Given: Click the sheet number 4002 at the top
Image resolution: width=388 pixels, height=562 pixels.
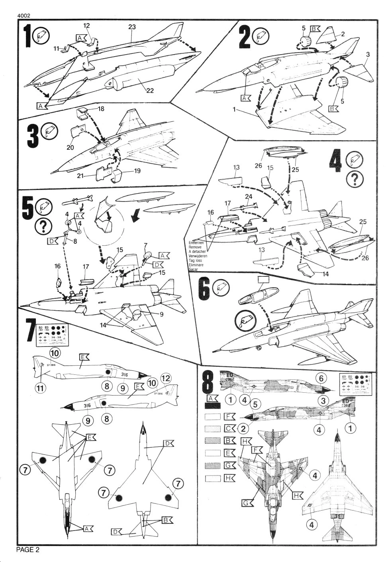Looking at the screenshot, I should click(x=24, y=16).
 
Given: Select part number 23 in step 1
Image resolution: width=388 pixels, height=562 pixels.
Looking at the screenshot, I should click(x=132, y=27).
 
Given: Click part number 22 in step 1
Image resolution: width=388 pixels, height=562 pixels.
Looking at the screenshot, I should click(x=149, y=90).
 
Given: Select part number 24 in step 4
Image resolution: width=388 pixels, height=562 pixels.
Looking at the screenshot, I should click(x=249, y=197).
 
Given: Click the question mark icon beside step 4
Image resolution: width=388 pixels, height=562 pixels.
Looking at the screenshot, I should click(x=353, y=180).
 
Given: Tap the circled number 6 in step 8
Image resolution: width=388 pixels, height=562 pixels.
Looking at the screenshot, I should click(x=321, y=378).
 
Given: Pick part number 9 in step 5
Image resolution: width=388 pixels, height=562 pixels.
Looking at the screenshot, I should click(x=161, y=314).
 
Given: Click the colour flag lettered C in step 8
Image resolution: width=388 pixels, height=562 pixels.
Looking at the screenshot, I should click(x=229, y=429).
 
